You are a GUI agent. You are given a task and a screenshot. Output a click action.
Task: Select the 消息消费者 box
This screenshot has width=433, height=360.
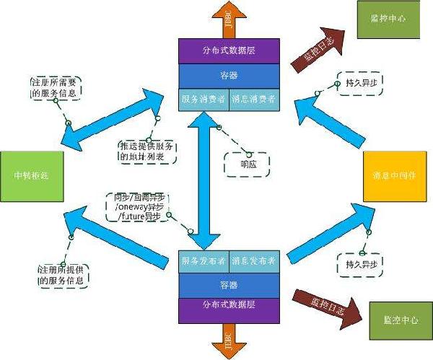254,99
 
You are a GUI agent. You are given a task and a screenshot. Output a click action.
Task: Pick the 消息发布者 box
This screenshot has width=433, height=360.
254,260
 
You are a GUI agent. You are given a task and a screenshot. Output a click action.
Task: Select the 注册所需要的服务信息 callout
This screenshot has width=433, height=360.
55,87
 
